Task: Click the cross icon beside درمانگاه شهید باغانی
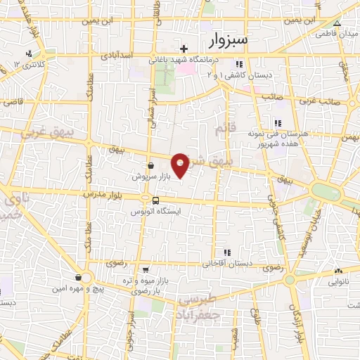(x=184, y=49)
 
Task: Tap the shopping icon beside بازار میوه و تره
(x=144, y=269)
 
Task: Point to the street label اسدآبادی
(x=116, y=54)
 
